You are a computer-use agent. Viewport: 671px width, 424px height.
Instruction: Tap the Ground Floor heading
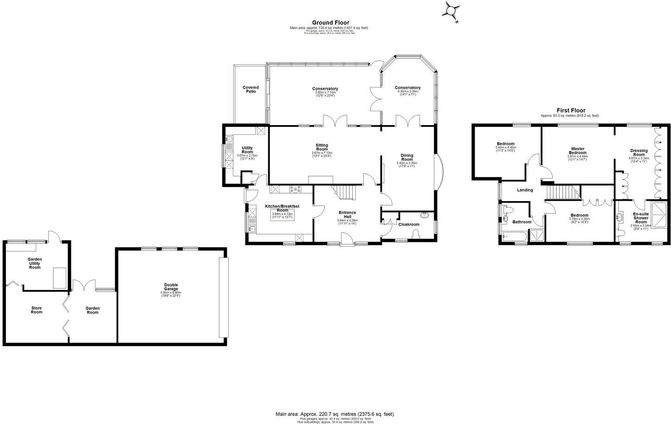pos(330,22)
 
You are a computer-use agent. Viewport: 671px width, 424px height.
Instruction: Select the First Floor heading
pos(571,110)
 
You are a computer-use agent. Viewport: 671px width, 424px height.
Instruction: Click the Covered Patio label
pos(251,89)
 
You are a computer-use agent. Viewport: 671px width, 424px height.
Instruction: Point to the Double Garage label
pos(171,287)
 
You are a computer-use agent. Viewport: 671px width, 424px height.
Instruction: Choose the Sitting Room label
pos(322,147)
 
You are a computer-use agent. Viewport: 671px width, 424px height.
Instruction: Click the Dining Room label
pos(407,158)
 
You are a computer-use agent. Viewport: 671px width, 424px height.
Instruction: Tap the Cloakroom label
pos(409,224)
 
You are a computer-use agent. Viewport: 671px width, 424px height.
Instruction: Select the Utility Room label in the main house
pos(247,150)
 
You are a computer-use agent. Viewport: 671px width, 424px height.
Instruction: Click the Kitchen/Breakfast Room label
pos(282,208)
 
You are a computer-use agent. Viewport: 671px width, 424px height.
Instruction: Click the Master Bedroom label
pos(578,151)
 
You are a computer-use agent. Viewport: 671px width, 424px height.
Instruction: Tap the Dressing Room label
pos(639,152)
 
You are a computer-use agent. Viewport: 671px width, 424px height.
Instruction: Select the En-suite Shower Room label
pos(641,218)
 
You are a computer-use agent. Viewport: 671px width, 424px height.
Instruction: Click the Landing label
pos(525,190)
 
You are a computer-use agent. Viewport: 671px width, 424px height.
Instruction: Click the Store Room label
pos(37,310)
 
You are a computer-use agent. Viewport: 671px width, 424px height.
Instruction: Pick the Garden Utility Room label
pos(35,263)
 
